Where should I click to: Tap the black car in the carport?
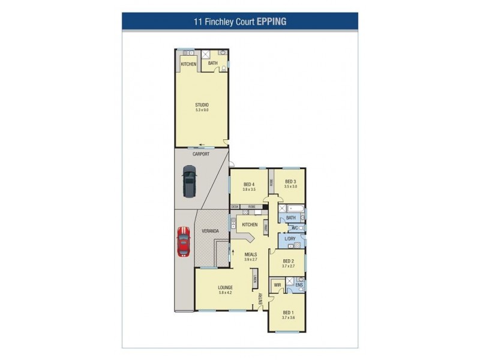(x=190, y=182)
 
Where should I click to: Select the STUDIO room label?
(x=202, y=105)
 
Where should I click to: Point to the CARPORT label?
(x=201, y=154)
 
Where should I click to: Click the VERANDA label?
(x=211, y=231)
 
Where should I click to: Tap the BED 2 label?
(x=288, y=261)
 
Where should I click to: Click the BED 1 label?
(x=288, y=312)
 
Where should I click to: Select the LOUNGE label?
(x=225, y=288)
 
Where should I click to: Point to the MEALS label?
(x=250, y=254)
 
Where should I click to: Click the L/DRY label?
(x=290, y=239)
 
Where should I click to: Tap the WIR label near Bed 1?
(x=277, y=286)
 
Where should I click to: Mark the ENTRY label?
(x=260, y=298)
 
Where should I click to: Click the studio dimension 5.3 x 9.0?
(x=202, y=110)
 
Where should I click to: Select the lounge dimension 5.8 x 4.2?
(x=225, y=293)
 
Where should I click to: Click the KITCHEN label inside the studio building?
(x=189, y=64)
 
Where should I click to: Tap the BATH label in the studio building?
(x=213, y=63)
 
